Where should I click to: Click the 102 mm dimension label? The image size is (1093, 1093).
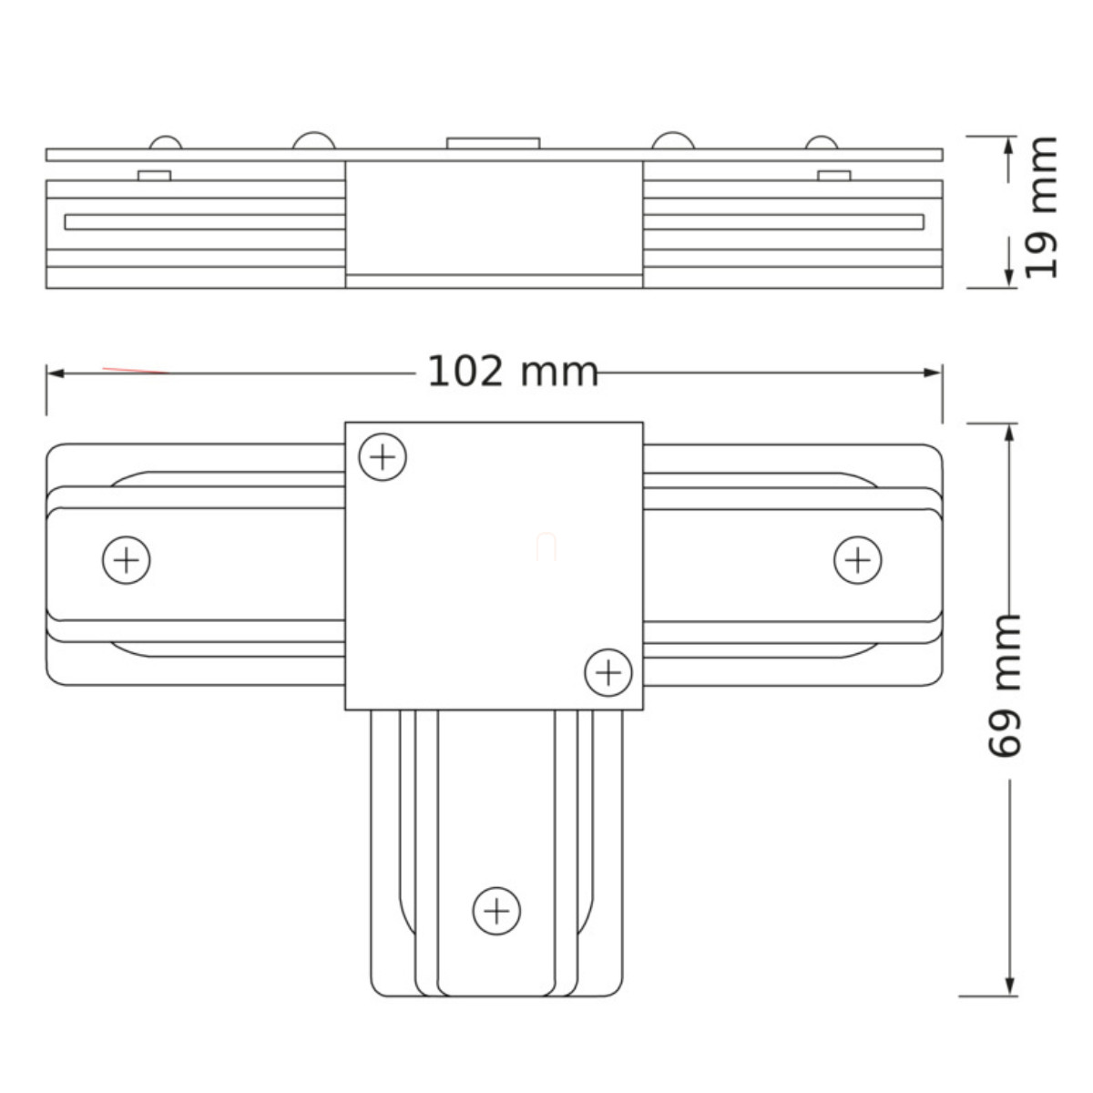tap(512, 373)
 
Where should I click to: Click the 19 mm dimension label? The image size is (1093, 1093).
tap(1041, 208)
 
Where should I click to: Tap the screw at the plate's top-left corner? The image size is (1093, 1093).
tap(383, 457)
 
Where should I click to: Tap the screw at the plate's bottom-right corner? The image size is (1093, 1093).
tap(608, 673)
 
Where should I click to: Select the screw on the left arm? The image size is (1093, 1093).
tap(127, 560)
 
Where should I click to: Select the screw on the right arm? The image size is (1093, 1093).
tap(858, 560)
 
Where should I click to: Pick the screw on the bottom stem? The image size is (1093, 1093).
tap(497, 912)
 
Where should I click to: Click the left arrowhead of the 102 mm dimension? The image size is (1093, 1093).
tap(55, 373)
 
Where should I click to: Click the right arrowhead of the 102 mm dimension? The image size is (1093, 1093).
tap(933, 373)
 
